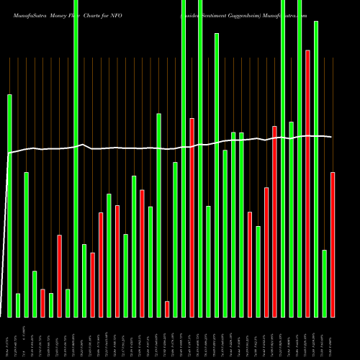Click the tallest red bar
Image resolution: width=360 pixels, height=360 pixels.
click(308, 184)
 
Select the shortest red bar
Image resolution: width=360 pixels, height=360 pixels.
click(167, 309)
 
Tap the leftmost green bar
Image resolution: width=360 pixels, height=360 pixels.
click(9, 205)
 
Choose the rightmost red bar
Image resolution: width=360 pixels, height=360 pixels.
click(333, 245)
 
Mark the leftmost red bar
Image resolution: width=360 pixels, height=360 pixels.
click(42, 303)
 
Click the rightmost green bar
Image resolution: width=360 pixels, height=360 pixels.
click(325, 283)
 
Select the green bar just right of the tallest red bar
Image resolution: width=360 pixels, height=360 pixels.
click(316, 169)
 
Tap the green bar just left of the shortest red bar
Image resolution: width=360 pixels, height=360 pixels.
click(158, 215)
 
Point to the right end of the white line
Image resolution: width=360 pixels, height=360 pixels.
click(331, 137)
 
